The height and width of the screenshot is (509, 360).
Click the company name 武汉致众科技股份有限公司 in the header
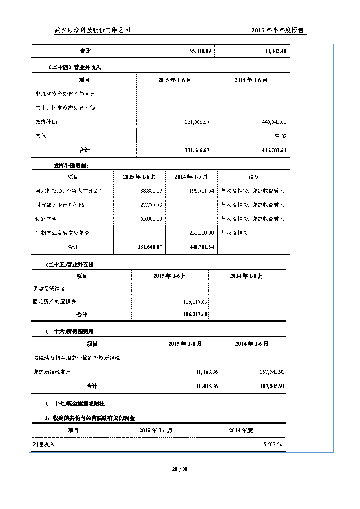pos(92,30)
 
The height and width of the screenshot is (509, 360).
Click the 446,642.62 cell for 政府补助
pos(271,122)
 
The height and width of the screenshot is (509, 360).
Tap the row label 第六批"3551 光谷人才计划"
pos(68,191)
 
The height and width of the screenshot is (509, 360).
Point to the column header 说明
pos(253,177)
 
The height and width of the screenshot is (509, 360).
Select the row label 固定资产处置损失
pos(55,301)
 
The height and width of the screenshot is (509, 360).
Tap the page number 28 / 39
pos(180,469)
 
